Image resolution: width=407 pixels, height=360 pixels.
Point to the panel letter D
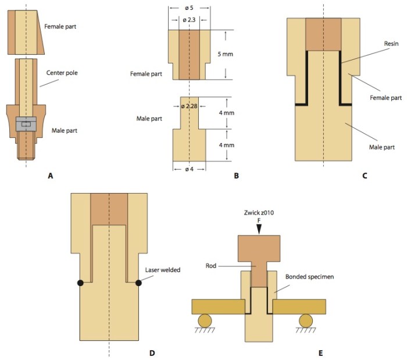click(x=152, y=352)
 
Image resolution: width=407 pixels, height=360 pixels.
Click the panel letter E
click(x=320, y=352)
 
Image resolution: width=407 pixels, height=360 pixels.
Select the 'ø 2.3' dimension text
click(x=190, y=20)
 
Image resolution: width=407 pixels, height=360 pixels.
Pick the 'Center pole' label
click(x=62, y=73)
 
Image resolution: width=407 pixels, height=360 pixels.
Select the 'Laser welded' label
click(x=162, y=270)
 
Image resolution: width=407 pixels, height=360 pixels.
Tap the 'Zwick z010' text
click(x=259, y=213)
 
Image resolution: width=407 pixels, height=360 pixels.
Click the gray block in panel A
click(x=26, y=123)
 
